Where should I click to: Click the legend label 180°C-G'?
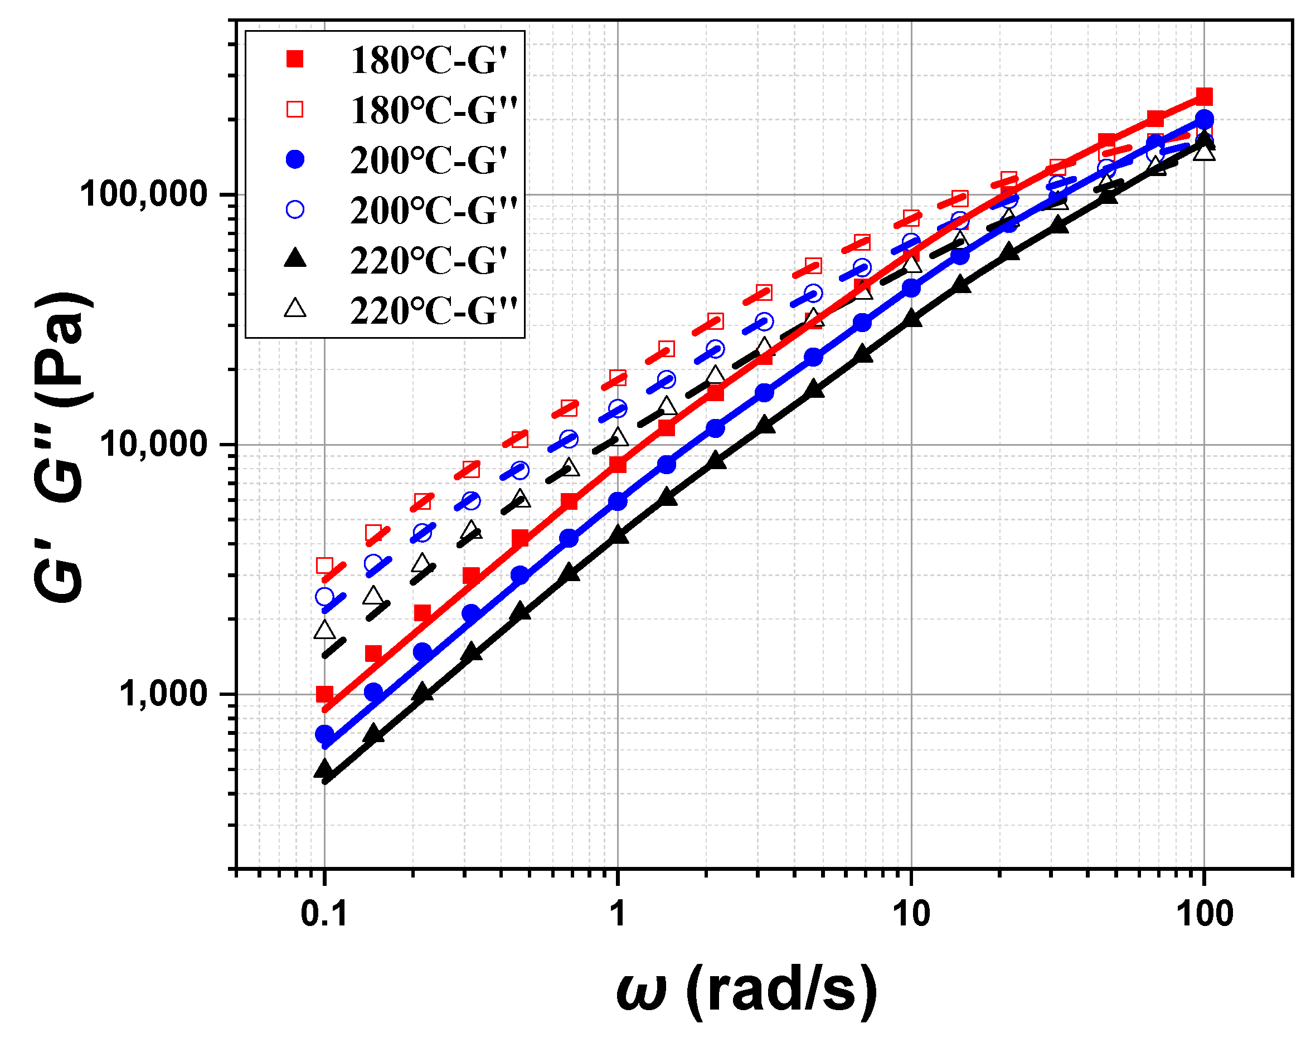(428, 60)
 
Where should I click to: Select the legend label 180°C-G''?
(433, 111)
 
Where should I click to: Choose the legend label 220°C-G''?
(433, 311)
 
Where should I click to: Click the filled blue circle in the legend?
(295, 160)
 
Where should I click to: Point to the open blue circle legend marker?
(295, 209)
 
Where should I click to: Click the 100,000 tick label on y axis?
(144, 194)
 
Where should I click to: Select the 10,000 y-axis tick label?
(154, 444)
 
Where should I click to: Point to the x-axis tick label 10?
(911, 914)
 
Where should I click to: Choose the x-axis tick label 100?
(1205, 914)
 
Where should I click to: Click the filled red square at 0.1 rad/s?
(325, 694)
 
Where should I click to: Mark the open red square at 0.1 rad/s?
(325, 566)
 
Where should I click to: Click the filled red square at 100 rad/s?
(1204, 96)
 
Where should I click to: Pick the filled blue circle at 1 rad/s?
(618, 501)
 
